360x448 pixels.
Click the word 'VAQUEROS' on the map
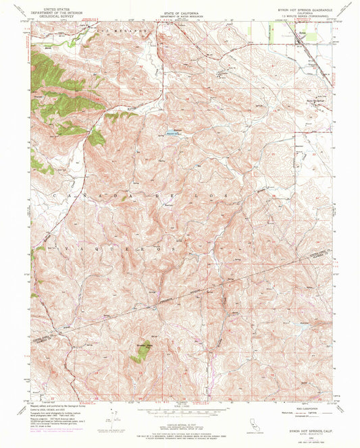128,248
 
